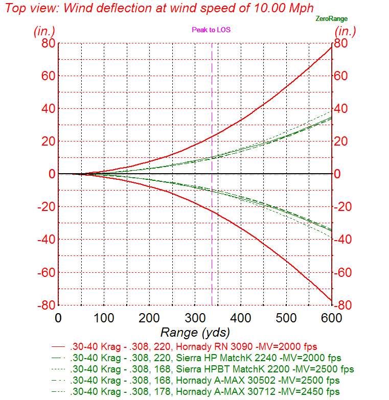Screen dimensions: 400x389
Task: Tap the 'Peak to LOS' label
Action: (x=211, y=30)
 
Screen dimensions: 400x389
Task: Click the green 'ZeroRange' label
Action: (x=332, y=19)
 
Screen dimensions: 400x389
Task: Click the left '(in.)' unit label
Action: (x=44, y=31)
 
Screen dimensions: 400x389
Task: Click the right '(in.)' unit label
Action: (x=346, y=31)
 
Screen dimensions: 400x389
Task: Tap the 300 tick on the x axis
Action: (x=194, y=318)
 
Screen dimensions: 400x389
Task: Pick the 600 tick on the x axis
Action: (x=331, y=318)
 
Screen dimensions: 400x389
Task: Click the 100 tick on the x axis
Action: (x=104, y=318)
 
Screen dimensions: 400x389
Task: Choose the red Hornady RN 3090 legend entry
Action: (x=194, y=346)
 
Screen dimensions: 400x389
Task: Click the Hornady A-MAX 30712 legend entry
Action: (x=205, y=392)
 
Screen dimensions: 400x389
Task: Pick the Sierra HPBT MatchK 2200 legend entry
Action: (x=212, y=369)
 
